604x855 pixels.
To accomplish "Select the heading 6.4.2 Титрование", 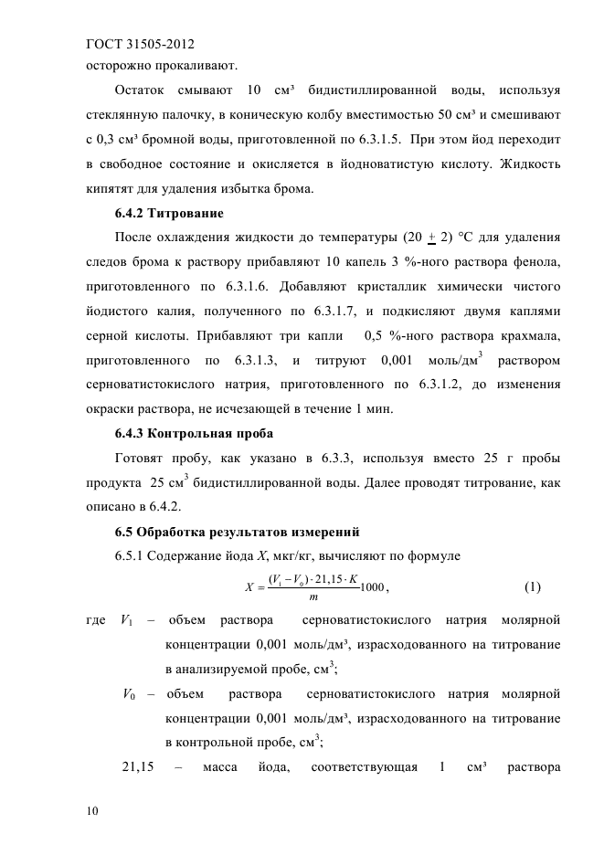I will (x=169, y=214).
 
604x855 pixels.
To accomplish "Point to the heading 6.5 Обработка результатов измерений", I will (x=237, y=532).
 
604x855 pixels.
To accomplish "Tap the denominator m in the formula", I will (x=313, y=597).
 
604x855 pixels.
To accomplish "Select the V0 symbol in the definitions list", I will (x=130, y=695).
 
